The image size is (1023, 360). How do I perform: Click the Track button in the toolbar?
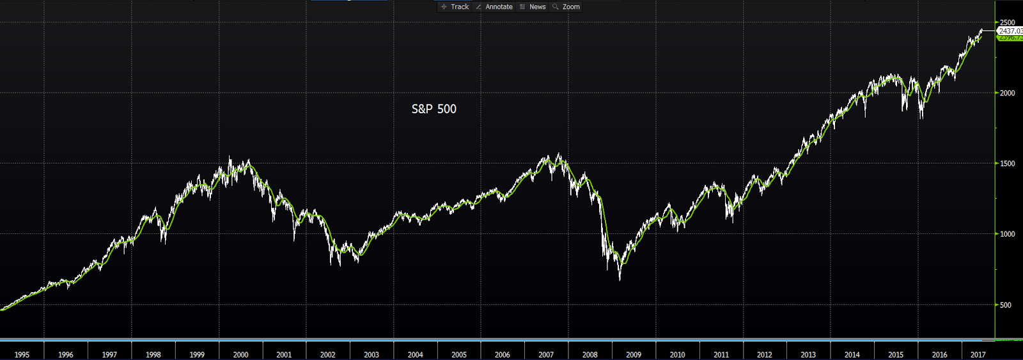pyautogui.click(x=455, y=7)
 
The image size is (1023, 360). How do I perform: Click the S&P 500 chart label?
pyautogui.click(x=433, y=109)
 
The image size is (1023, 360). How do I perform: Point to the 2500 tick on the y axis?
pyautogui.click(x=1007, y=22)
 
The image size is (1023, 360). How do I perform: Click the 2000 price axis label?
pyautogui.click(x=1007, y=93)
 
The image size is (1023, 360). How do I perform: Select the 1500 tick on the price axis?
pyautogui.click(x=1007, y=164)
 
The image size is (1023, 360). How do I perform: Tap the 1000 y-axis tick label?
pyautogui.click(x=1007, y=234)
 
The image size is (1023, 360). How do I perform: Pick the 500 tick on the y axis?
pyautogui.click(x=1006, y=305)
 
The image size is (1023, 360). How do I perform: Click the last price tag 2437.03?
pyautogui.click(x=1010, y=31)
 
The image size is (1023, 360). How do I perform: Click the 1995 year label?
pyautogui.click(x=22, y=354)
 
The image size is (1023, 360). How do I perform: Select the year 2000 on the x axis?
pyautogui.click(x=240, y=354)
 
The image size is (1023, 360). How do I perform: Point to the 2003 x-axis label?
pyautogui.click(x=371, y=354)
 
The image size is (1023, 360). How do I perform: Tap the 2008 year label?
pyautogui.click(x=590, y=354)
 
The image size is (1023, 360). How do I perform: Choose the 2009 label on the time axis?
pyautogui.click(x=634, y=354)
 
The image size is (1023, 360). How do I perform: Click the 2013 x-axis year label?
pyautogui.click(x=808, y=354)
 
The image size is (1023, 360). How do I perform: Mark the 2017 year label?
pyautogui.click(x=978, y=354)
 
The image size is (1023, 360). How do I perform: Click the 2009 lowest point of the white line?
pyautogui.click(x=620, y=279)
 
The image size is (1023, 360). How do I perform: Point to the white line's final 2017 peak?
pyautogui.click(x=981, y=29)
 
